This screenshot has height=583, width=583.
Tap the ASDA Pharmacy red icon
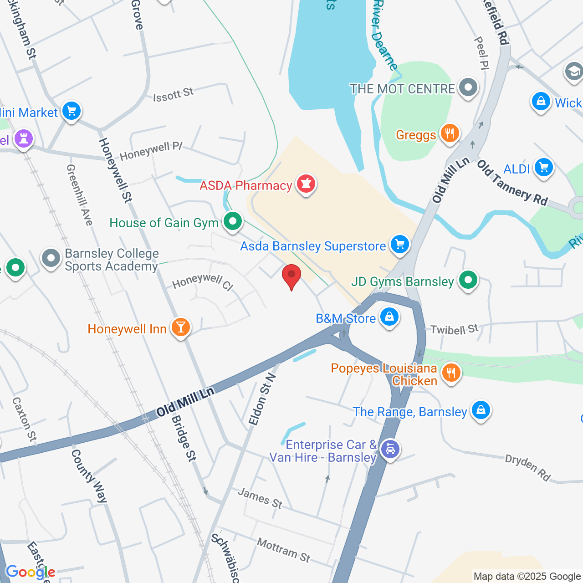(307, 184)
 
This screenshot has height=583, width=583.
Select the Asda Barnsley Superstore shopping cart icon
(400, 245)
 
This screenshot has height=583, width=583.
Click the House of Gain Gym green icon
(233, 222)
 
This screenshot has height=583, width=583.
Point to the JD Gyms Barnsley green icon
(468, 280)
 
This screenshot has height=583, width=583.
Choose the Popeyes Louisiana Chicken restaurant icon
(451, 373)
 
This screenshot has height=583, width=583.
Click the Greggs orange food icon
(450, 134)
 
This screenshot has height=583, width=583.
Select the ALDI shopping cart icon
(543, 168)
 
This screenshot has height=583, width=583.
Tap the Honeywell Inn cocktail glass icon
(181, 327)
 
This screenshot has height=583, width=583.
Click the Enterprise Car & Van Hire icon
(390, 450)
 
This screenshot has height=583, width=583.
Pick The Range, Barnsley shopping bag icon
(481, 410)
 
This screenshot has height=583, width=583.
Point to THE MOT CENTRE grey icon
(468, 87)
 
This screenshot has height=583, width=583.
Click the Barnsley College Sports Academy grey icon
(51, 258)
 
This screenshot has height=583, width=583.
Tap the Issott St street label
(173, 95)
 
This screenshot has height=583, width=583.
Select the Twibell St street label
(454, 329)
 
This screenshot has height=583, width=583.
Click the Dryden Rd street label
(528, 467)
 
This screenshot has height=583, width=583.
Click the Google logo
(31, 572)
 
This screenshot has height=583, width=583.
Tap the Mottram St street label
(283, 550)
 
